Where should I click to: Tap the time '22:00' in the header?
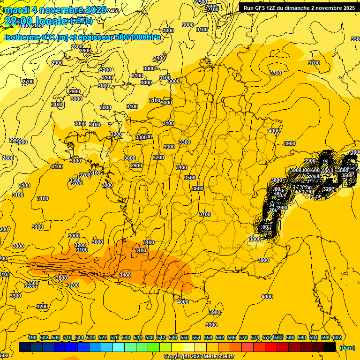[20, 21]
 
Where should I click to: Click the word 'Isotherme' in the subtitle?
[22, 37]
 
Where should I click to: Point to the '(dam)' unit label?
[347, 348]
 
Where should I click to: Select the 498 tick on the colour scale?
[32, 337]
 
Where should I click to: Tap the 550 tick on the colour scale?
[185, 337]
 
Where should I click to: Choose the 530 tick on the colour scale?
[126, 337]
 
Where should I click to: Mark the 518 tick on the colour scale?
[91, 337]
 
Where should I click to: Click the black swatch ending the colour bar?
[330, 347]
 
